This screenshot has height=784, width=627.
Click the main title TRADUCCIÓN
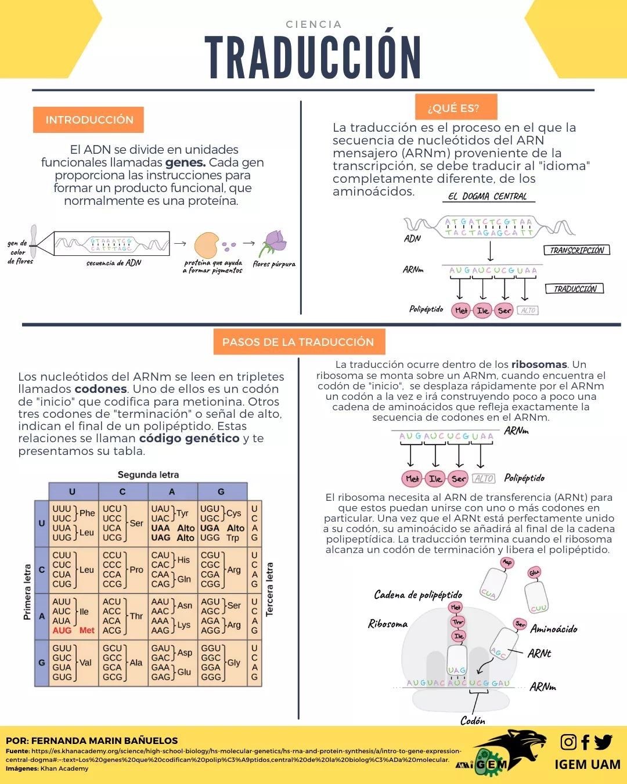(x=313, y=56)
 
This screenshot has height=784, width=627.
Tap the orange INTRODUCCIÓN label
(x=89, y=120)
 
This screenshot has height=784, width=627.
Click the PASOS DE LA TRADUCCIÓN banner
(x=298, y=342)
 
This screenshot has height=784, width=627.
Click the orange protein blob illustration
(x=206, y=245)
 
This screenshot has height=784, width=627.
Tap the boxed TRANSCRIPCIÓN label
(x=576, y=250)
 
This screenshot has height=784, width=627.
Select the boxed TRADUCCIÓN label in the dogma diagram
(x=575, y=288)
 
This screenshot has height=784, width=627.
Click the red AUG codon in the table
(x=62, y=630)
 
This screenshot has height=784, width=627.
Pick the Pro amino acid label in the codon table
(x=136, y=570)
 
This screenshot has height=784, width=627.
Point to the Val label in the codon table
(x=85, y=663)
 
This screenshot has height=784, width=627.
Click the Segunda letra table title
(x=148, y=475)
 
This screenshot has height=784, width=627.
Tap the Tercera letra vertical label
(x=270, y=589)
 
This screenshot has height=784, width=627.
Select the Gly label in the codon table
(x=234, y=663)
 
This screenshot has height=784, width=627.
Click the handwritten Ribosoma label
(x=388, y=624)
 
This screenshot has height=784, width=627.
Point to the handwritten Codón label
(x=473, y=720)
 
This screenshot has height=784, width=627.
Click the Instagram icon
(x=568, y=742)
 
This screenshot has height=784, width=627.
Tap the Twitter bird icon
(x=603, y=742)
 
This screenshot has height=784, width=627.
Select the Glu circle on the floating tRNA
(x=534, y=573)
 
